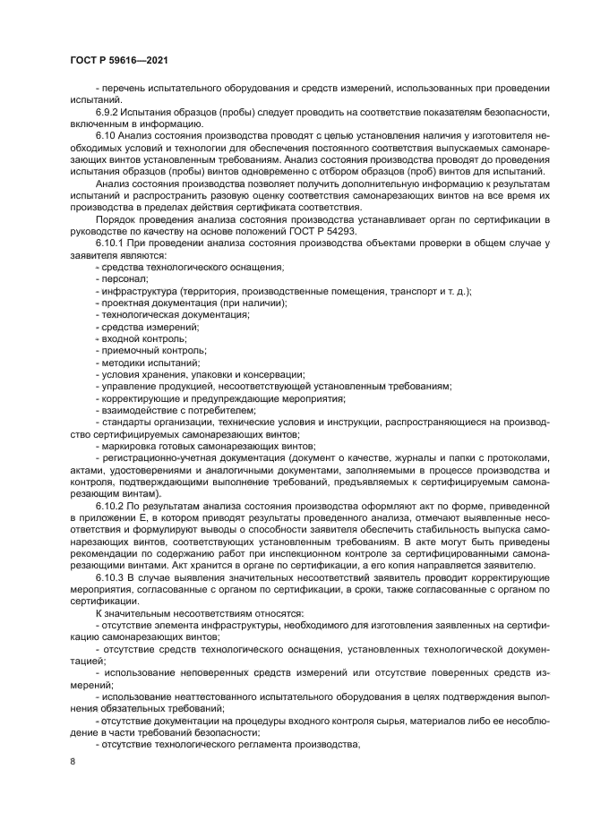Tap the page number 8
pos(73,761)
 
